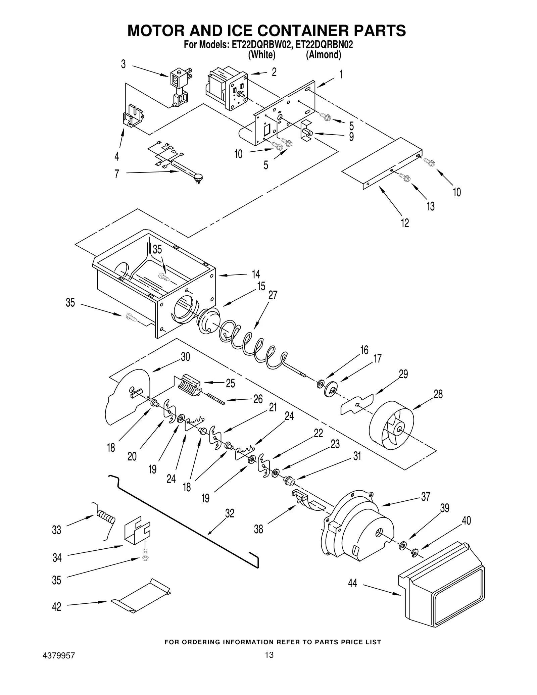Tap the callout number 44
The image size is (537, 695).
[x=352, y=583]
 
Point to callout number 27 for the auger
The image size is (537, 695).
[x=273, y=295]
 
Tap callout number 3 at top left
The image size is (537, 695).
[x=124, y=64]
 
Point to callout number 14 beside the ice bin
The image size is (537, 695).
[x=256, y=274]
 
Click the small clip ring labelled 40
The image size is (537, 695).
[x=415, y=552]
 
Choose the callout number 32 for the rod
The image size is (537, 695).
[x=230, y=513]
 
